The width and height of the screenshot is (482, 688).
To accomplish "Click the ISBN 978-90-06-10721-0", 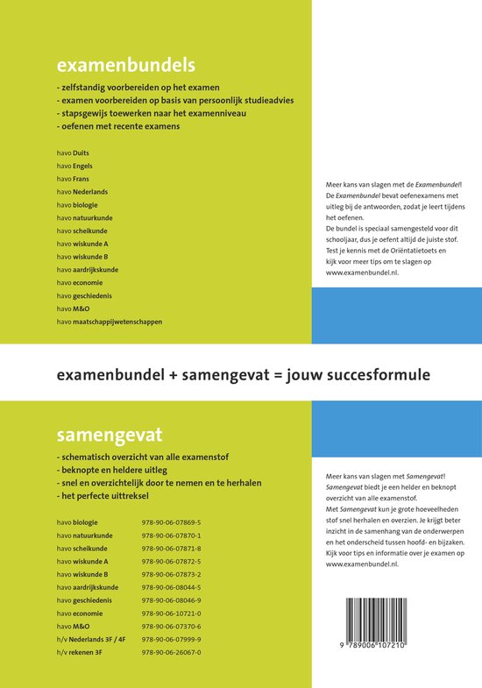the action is (172, 614).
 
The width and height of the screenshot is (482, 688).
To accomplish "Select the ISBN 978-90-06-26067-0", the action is (172, 653).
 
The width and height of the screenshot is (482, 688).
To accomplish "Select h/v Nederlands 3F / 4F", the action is (96, 640).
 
